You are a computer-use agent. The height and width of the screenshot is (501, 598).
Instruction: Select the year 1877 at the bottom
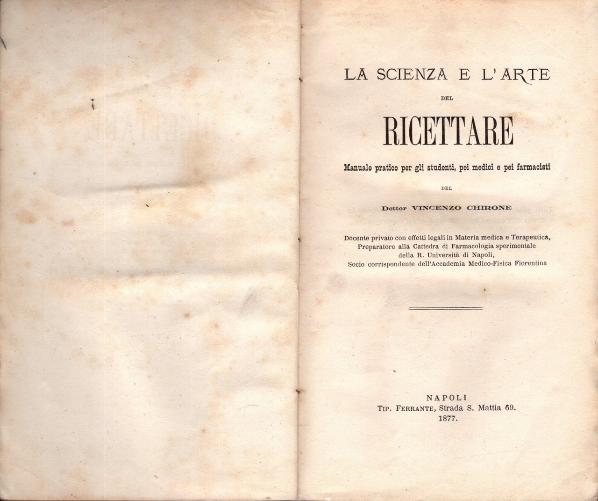coord(448,420)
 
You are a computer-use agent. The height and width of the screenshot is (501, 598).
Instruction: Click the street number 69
coord(509,408)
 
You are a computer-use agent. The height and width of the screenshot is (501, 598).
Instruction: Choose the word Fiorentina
coord(530,264)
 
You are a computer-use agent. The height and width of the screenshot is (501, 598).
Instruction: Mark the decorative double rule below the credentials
coord(445,308)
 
